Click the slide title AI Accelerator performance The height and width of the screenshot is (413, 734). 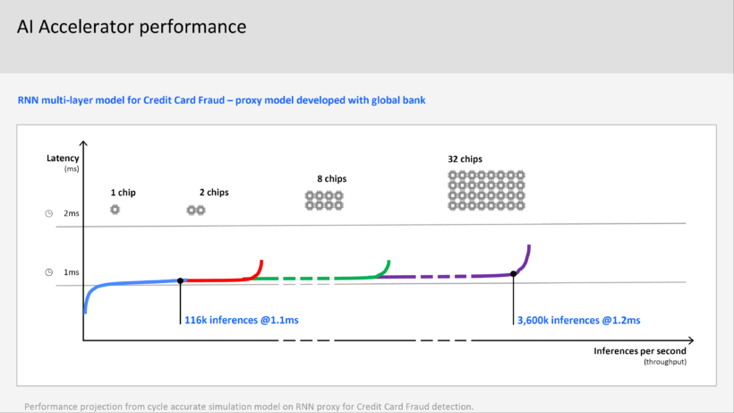click(132, 27)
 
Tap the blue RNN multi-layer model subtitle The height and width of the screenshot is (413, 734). click(221, 100)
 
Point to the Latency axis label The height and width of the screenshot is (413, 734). click(63, 159)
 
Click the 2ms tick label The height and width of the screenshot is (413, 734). click(71, 213)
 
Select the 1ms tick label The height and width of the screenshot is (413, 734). click(71, 272)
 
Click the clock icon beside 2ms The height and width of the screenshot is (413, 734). click(48, 213)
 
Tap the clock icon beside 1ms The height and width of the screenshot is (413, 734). click(48, 272)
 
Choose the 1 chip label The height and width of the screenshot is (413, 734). click(124, 193)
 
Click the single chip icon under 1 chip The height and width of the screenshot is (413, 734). click(115, 210)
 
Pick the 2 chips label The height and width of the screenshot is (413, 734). click(214, 193)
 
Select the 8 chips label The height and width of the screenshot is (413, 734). click(332, 179)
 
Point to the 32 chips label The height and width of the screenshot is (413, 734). click(465, 159)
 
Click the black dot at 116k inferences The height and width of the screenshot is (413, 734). click(180, 281)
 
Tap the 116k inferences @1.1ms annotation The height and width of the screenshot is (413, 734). click(242, 321)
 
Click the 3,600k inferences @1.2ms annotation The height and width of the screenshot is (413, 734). click(578, 321)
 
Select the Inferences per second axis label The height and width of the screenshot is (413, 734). click(640, 351)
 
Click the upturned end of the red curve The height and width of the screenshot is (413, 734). click(261, 261)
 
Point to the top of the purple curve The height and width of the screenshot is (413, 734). click(529, 245)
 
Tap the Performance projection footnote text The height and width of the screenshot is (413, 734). click(249, 407)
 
